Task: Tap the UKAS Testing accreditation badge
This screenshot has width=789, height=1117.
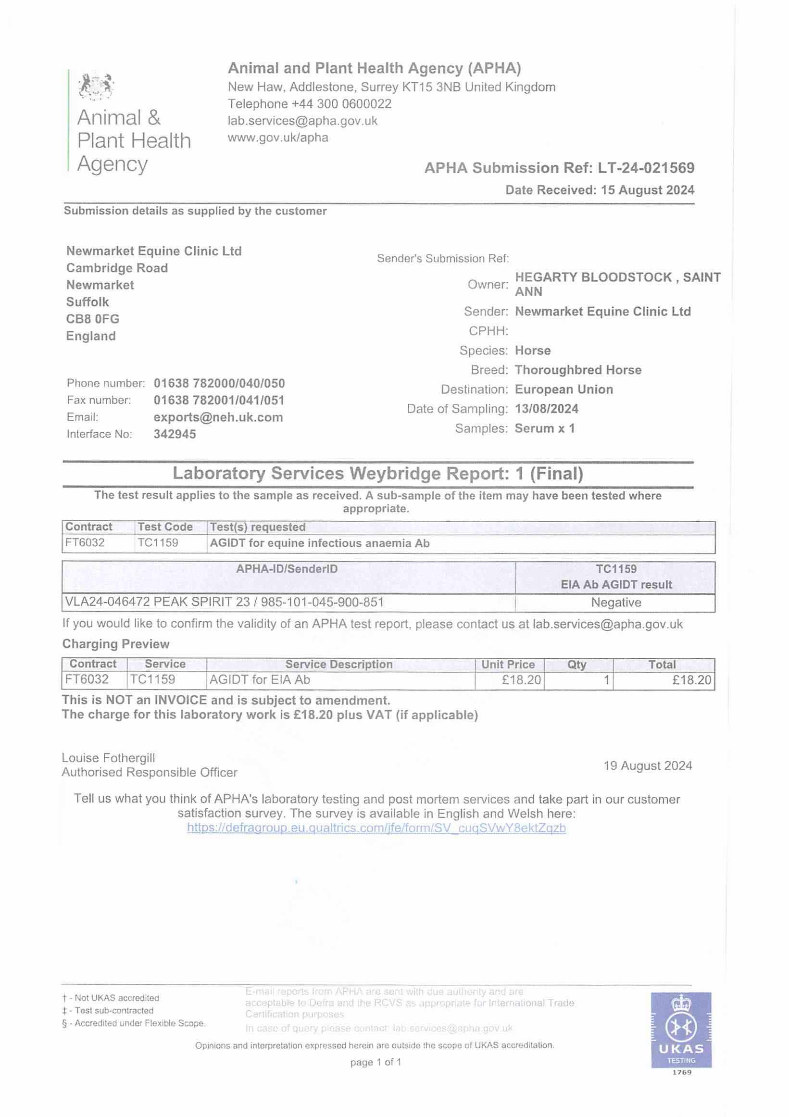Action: coord(681,1030)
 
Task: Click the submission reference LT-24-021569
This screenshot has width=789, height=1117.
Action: coord(646,168)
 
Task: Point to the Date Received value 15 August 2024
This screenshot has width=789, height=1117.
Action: coord(648,190)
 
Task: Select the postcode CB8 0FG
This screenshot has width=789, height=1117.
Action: coord(93,319)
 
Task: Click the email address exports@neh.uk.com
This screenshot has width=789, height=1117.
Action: coord(218,417)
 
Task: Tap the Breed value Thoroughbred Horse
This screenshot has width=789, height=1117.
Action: coord(578,370)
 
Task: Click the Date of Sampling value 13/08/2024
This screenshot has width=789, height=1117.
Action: coord(546,409)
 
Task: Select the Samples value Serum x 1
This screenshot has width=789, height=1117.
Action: coord(544,428)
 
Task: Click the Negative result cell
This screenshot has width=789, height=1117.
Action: coord(616,602)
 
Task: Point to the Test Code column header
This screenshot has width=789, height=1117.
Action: coord(165,527)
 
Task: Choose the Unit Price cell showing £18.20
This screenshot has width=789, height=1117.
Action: coord(521,680)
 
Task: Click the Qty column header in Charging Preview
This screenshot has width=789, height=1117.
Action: coord(577,665)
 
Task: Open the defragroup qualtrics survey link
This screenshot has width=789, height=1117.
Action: coord(376,828)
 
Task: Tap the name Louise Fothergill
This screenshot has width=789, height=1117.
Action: coord(108,758)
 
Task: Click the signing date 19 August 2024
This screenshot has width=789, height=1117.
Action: coord(648,766)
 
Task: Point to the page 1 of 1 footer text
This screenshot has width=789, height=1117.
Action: coord(376,1062)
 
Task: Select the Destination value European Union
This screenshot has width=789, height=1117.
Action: coord(564,389)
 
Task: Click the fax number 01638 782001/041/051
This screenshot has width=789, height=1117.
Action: coord(219,401)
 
